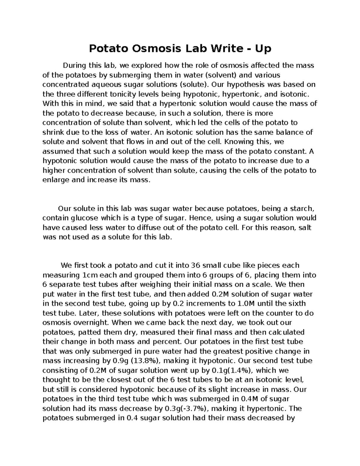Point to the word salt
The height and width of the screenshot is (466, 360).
305,227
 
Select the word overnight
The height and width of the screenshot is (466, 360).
91,323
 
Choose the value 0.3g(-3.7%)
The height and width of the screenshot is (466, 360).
188,409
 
